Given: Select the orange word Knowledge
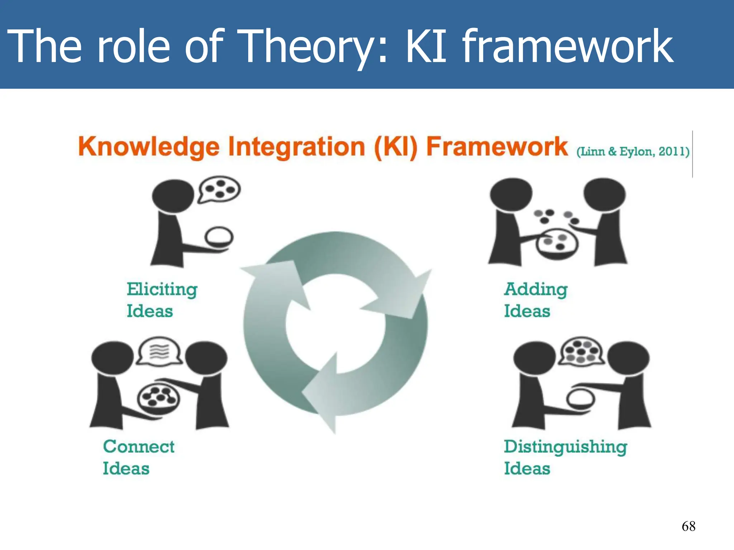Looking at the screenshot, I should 149,147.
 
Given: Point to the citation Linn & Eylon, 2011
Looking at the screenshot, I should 633,151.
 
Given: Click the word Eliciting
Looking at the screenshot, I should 162,289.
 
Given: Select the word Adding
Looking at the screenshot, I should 536,289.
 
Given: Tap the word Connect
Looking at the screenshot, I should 139,447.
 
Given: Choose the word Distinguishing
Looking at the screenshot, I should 566,447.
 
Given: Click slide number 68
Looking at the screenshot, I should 688,526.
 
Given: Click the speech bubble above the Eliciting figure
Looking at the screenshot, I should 219,189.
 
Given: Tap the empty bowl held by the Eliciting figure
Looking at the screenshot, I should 219,237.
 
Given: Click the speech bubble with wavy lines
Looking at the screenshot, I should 159,351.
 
